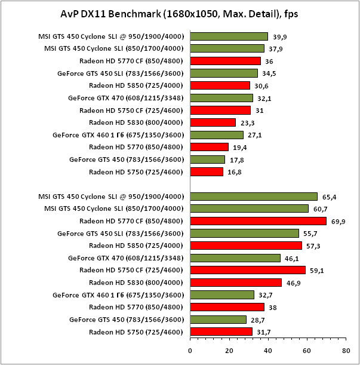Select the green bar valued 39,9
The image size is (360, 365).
(229, 36)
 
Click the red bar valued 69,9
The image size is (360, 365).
(258, 221)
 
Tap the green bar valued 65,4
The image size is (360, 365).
(254, 197)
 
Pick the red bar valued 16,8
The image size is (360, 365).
(207, 171)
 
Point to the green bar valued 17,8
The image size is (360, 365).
(208, 160)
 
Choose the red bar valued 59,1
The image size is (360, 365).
(248, 270)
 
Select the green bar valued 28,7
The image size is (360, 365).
(218, 320)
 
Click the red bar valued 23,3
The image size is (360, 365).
(213, 122)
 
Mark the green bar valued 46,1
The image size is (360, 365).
(235, 258)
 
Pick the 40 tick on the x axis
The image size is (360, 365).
(268, 351)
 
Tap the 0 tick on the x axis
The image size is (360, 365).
(190, 351)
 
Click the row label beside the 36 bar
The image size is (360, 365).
(133, 61)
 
